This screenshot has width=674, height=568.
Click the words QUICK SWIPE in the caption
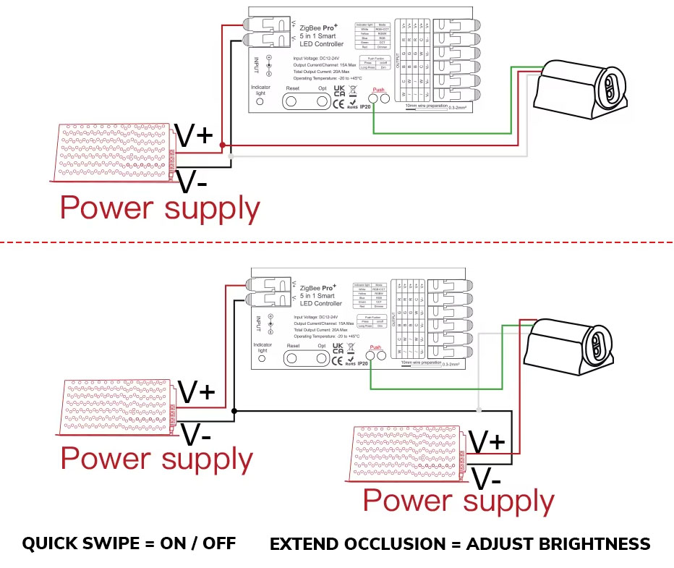[80, 543]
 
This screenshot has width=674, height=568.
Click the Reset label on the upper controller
[292, 88]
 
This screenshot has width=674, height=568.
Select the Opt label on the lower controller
[322, 346]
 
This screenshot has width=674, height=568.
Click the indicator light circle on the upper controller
[260, 102]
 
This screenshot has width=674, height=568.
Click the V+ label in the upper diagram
[194, 135]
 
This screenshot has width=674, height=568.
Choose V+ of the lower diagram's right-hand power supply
[487, 441]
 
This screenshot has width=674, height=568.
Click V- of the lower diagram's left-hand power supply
[196, 434]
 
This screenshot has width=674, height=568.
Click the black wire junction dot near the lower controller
[234, 411]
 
